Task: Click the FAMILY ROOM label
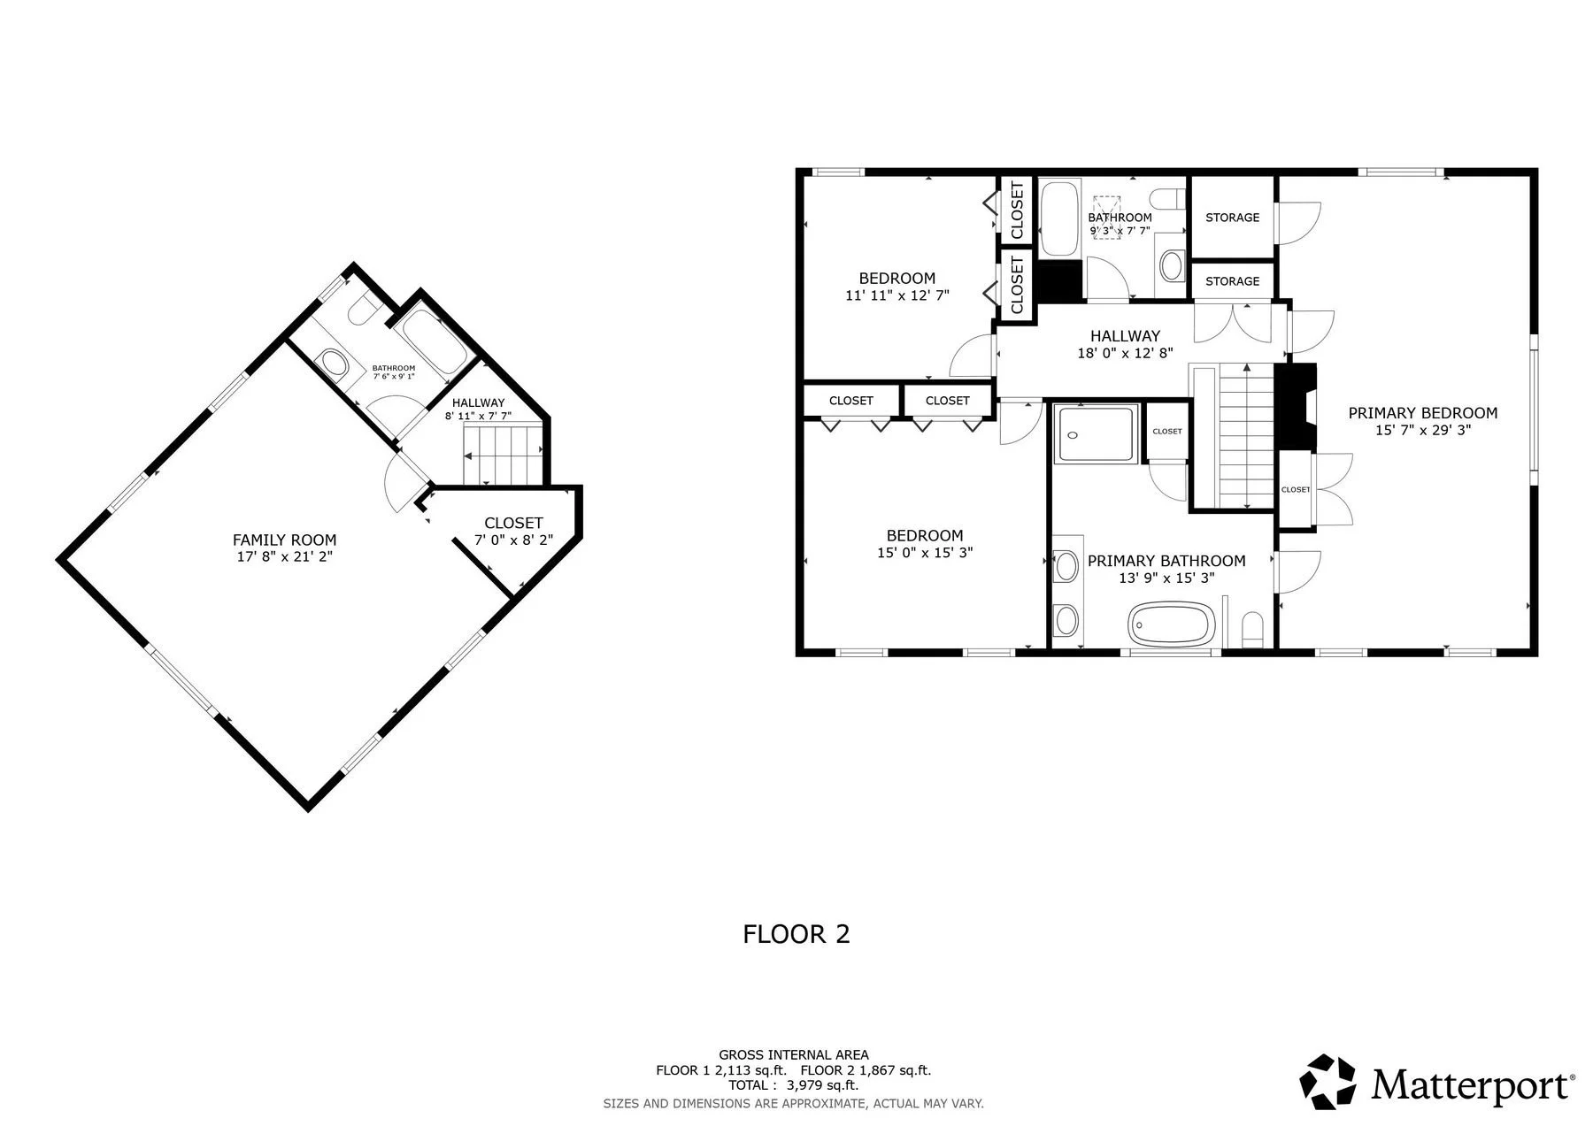click(284, 540)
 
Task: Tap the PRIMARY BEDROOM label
click(1422, 413)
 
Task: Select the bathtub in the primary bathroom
click(1171, 624)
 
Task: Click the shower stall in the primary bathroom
click(1096, 434)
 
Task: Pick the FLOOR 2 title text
click(796, 934)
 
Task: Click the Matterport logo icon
click(1327, 1081)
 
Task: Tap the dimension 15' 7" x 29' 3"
click(1422, 431)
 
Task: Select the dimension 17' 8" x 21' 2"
click(284, 556)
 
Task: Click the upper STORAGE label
click(1232, 218)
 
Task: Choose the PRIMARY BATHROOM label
click(1166, 561)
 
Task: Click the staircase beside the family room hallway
click(502, 454)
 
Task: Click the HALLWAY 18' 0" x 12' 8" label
click(1124, 344)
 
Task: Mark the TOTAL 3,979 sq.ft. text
click(794, 1085)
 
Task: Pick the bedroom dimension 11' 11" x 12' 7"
click(897, 295)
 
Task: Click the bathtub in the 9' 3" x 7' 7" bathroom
click(1059, 218)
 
